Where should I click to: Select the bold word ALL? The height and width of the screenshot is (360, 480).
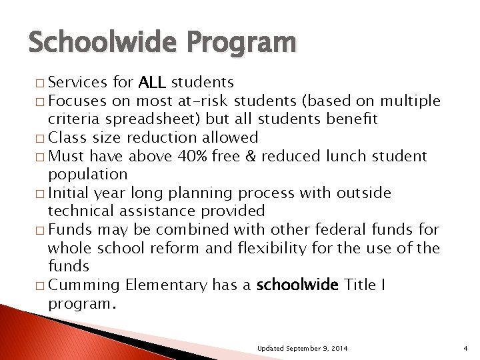coord(152,83)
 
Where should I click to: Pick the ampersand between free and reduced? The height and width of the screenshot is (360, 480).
coord(251,156)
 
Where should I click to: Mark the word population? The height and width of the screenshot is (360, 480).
coord(87,175)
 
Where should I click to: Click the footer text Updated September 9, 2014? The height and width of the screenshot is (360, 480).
coord(301,349)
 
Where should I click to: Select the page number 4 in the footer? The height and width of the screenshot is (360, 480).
coord(466,349)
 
